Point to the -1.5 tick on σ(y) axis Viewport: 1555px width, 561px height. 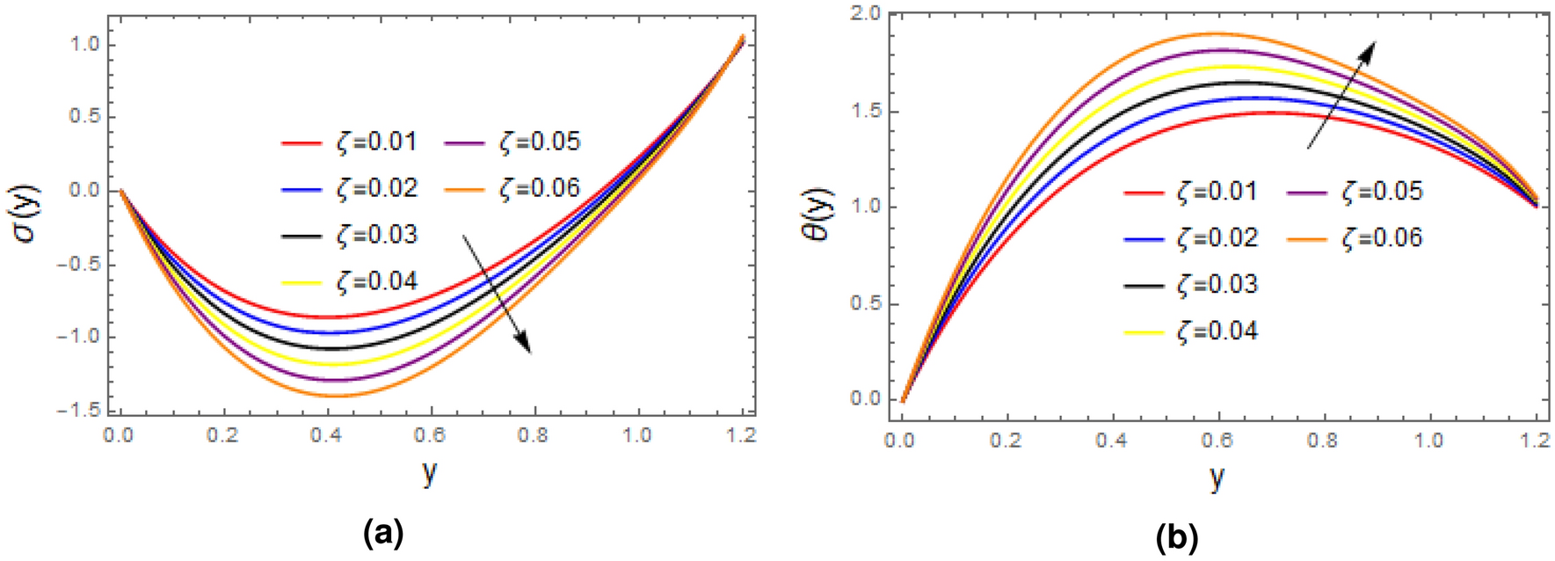click(x=81, y=411)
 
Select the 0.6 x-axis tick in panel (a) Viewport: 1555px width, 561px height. click(x=430, y=435)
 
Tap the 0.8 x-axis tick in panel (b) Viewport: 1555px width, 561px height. click(x=1323, y=439)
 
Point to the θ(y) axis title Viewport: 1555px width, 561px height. click(x=820, y=215)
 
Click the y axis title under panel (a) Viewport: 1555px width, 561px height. click(x=429, y=474)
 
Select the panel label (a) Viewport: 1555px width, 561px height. click(x=382, y=533)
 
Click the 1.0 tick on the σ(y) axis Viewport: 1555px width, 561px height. click(x=87, y=45)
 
